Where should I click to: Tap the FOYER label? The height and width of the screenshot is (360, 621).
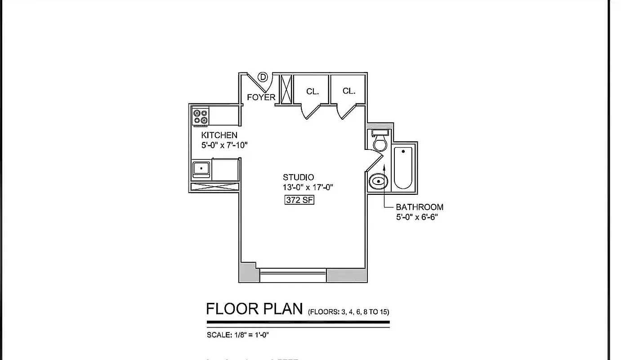click(261, 97)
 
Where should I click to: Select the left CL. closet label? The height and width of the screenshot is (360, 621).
click(313, 91)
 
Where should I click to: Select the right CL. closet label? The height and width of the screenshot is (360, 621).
click(349, 91)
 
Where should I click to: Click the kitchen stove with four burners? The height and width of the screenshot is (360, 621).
click(201, 117)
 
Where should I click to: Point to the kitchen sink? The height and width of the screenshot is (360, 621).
click(201, 169)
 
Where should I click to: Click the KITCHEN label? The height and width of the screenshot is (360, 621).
click(219, 135)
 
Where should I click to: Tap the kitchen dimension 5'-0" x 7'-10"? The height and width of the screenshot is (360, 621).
click(224, 145)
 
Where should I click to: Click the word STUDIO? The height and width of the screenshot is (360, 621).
click(298, 177)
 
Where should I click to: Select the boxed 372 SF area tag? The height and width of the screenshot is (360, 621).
click(299, 200)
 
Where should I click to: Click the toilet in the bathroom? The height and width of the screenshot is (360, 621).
click(380, 141)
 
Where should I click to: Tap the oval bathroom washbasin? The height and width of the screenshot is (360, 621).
click(378, 182)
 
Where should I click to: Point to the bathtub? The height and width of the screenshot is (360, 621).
click(403, 167)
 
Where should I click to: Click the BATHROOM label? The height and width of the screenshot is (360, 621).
click(419, 207)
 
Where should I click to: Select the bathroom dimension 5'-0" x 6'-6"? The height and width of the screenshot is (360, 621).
click(417, 217)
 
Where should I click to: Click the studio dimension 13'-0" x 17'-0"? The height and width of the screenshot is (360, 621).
click(307, 188)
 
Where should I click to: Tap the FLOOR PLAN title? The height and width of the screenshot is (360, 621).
click(254, 309)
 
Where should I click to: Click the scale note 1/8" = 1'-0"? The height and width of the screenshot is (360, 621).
click(238, 335)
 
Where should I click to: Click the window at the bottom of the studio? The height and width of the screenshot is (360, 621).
click(293, 275)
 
